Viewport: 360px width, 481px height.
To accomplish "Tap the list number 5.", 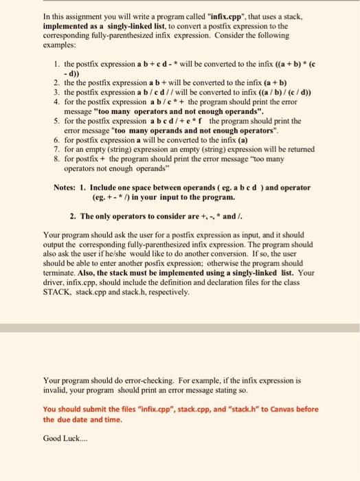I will [56, 120].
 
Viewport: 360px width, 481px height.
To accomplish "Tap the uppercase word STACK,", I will [58, 292].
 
